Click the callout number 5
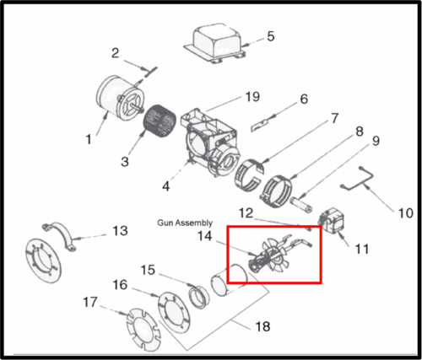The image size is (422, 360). tap(271, 36)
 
